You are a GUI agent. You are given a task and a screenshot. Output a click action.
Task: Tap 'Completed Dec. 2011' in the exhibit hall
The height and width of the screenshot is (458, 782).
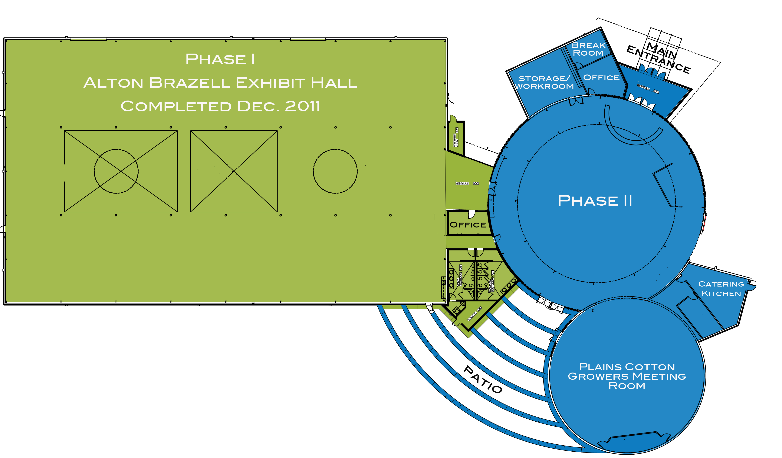(x=220, y=106)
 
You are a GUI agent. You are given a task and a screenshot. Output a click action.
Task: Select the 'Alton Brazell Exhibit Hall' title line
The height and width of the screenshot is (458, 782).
(x=220, y=83)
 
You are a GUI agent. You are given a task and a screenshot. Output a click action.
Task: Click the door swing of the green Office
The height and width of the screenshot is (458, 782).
(x=472, y=214)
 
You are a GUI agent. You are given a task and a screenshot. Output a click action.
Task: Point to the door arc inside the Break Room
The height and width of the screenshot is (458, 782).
(x=578, y=65)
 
